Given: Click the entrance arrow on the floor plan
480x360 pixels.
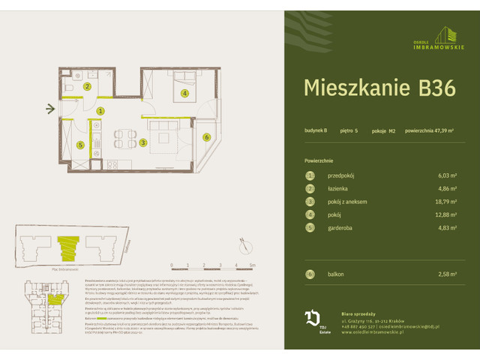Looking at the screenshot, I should pos(50,109).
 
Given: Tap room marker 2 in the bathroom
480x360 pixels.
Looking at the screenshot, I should pos(87,87).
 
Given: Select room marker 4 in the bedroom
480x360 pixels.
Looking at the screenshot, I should pos(184,94).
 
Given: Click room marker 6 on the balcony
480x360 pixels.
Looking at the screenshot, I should pos(206,136).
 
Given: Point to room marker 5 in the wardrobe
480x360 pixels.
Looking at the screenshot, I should pos(79,145).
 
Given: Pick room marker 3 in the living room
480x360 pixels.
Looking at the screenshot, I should pos(142,142).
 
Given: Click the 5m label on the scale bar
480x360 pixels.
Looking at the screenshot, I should pos(253,265).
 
